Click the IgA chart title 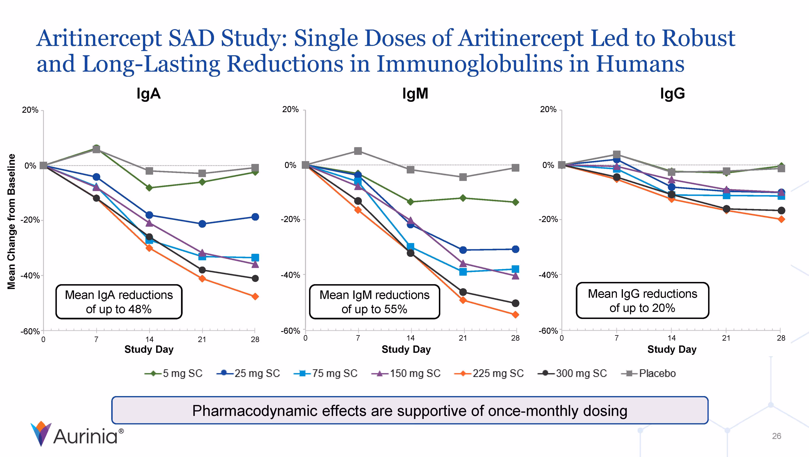(x=148, y=94)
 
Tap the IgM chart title (x=415, y=94)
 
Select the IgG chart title (x=672, y=94)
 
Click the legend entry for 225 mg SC (x=489, y=373)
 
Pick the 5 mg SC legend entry (x=174, y=373)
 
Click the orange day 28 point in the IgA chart (x=255, y=296)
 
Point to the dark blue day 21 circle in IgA (x=202, y=224)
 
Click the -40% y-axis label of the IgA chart (x=31, y=276)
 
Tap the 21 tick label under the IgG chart (x=726, y=338)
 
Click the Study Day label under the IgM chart (x=406, y=350)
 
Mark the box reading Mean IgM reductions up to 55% (x=374, y=302)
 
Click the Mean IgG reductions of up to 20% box (x=642, y=301)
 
